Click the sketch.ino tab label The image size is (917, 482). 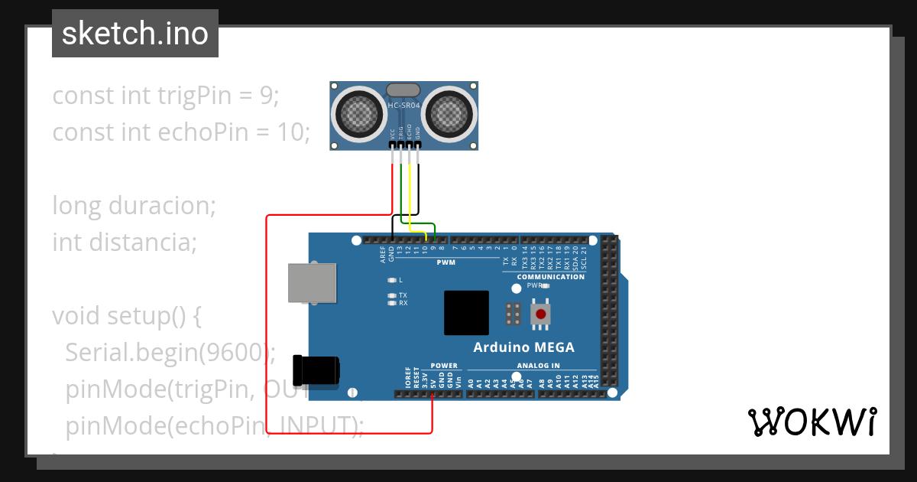tap(134, 34)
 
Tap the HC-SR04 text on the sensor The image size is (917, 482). tap(403, 105)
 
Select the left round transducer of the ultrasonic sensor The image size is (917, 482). tap(358, 115)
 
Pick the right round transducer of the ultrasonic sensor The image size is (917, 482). tap(448, 115)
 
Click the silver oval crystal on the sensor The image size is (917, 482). tap(403, 91)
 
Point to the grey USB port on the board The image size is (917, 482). tap(312, 283)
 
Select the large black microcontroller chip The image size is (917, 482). tap(466, 313)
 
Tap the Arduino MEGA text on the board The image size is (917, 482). tap(523, 347)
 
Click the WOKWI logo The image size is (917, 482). tap(812, 422)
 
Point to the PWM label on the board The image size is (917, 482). tap(446, 262)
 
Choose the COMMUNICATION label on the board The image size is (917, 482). tap(550, 276)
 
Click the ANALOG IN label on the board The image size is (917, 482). tap(538, 366)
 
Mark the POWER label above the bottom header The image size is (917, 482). tap(444, 366)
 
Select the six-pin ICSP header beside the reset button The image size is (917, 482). tap(514, 313)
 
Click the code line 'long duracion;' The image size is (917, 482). tap(134, 206)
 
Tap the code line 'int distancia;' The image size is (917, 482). tap(125, 243)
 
